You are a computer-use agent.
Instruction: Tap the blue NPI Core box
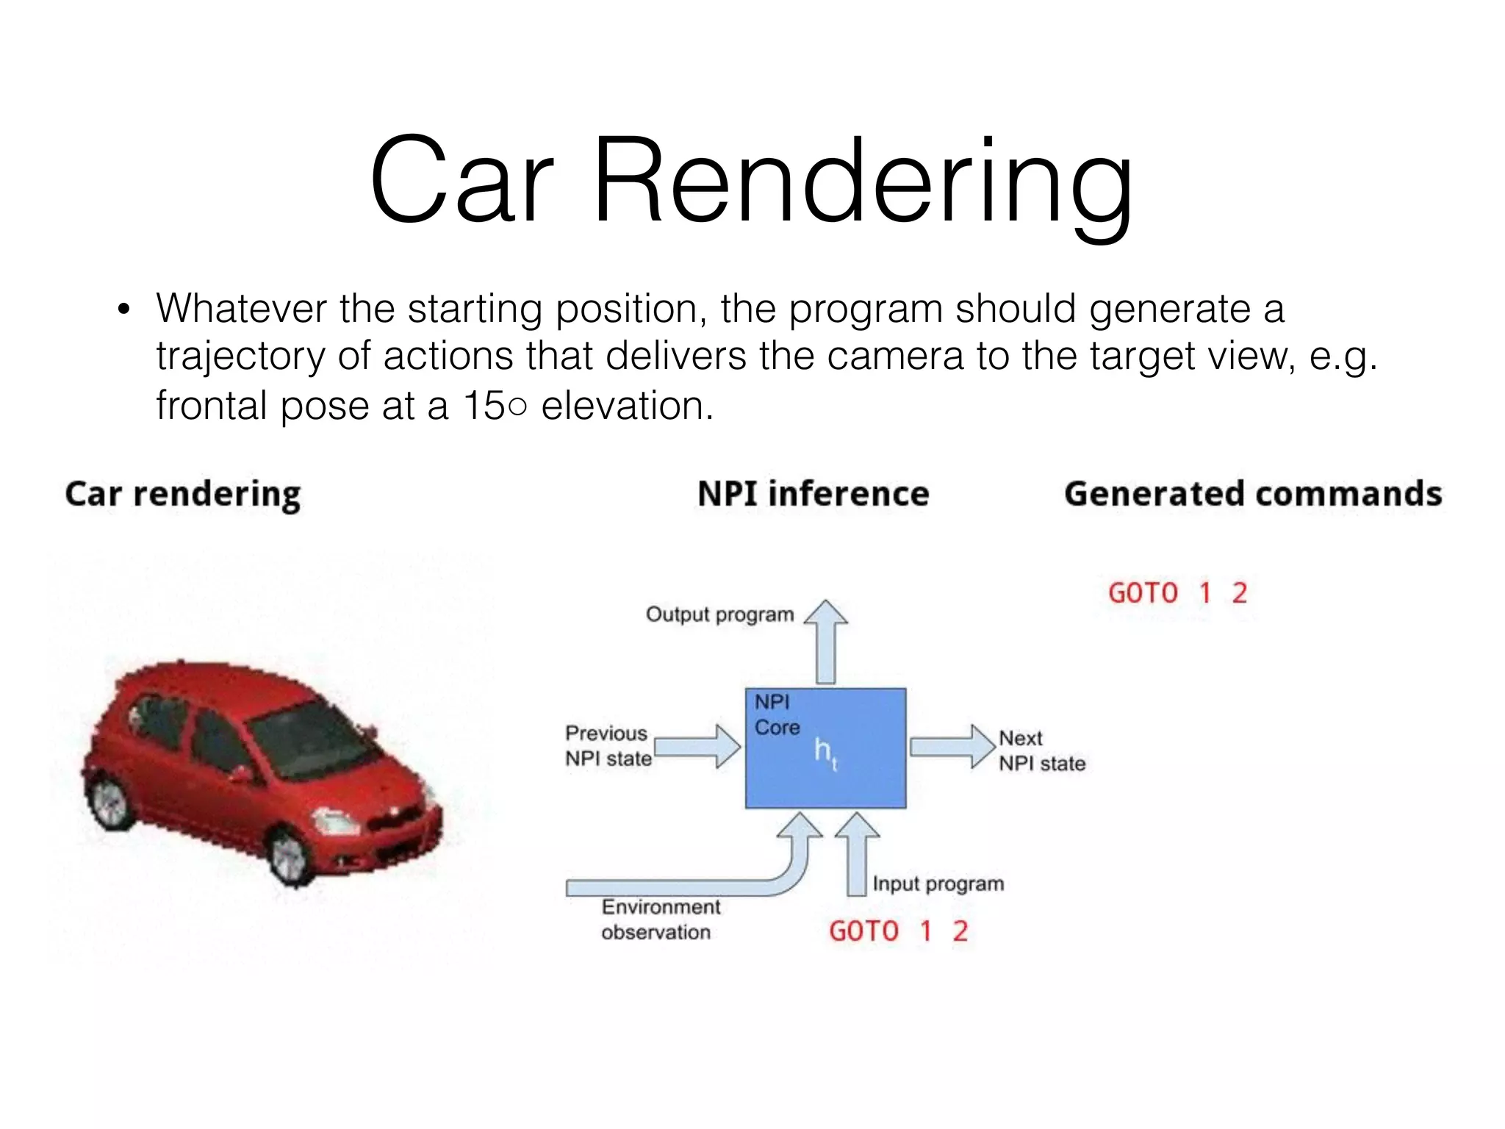click(x=825, y=748)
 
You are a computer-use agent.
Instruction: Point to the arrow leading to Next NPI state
click(x=952, y=746)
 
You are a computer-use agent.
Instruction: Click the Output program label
click(x=719, y=614)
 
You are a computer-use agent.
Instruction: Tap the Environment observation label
click(x=659, y=920)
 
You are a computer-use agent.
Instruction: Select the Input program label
click(x=938, y=884)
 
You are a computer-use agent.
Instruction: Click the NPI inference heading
click(x=813, y=493)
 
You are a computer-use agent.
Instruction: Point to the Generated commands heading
click(x=1252, y=493)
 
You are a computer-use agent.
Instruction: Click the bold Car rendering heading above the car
click(x=183, y=494)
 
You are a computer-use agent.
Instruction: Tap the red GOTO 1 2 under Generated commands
click(x=1177, y=592)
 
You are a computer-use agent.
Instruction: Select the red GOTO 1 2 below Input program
click(x=898, y=931)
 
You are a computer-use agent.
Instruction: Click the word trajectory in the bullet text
click(x=240, y=356)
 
